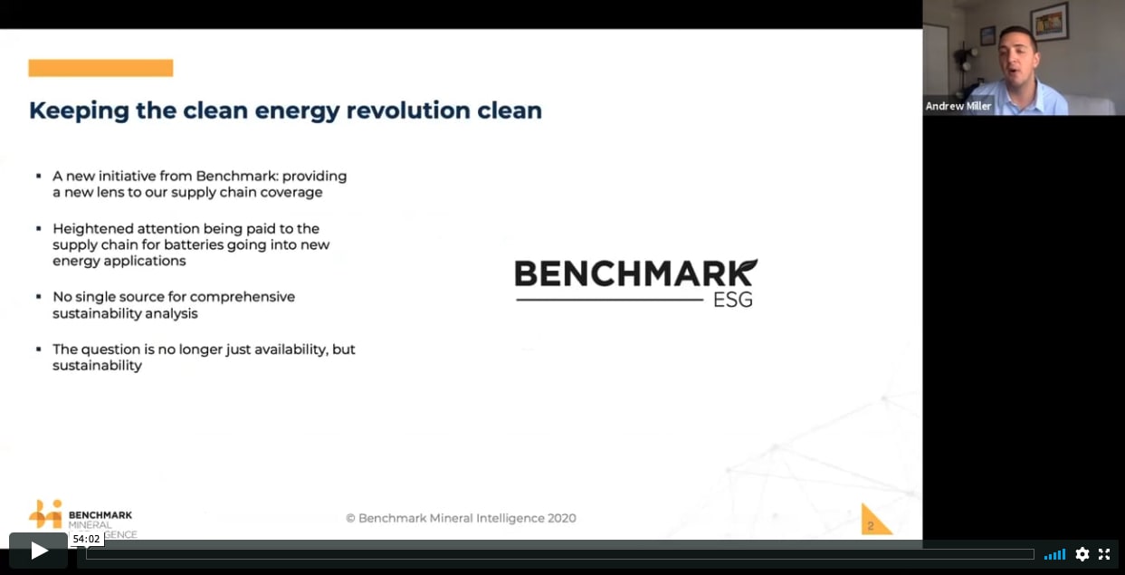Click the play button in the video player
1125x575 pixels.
[38, 551]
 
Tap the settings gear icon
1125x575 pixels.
[1082, 554]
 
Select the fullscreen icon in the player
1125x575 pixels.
[1104, 554]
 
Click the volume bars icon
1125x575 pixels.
[1054, 554]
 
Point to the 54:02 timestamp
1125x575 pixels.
[86, 539]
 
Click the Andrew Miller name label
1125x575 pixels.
[958, 106]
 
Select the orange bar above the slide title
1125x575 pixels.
[100, 68]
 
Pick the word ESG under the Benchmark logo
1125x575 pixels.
[732, 299]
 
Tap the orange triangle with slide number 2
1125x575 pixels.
[873, 521]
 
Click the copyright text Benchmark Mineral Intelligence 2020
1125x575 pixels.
[461, 518]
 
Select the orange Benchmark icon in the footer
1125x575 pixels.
[45, 513]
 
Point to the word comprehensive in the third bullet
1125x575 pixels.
[243, 296]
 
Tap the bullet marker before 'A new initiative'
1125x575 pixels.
[38, 176]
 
